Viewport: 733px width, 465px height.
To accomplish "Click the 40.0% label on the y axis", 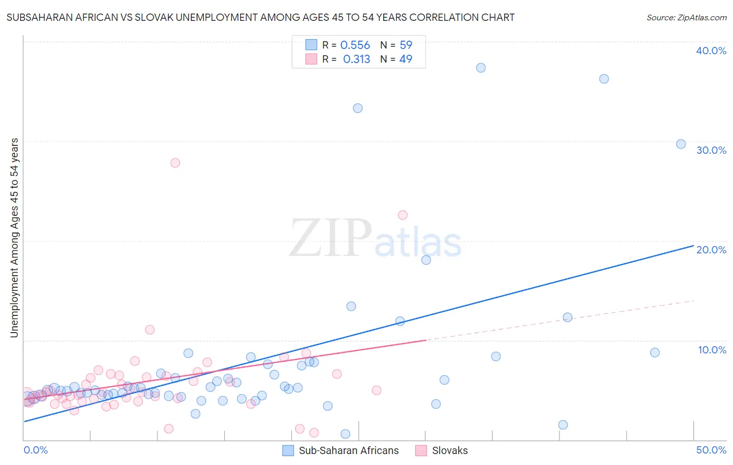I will (x=711, y=51).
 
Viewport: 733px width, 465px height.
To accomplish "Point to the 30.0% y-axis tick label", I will (x=711, y=150).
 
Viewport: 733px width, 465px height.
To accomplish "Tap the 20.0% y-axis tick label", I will (x=711, y=250).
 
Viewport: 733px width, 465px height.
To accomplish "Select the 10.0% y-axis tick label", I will (x=712, y=350).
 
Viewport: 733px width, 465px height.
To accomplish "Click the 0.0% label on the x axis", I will (x=35, y=450).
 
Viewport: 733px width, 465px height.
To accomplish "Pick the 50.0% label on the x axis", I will (x=711, y=450).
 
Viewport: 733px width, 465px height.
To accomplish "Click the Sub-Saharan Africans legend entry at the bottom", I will (x=348, y=450).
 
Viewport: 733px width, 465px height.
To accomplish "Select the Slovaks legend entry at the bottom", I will (x=449, y=450).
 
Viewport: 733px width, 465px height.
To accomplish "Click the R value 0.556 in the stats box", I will (x=355, y=45).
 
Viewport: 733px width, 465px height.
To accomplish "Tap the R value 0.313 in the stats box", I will (x=357, y=59).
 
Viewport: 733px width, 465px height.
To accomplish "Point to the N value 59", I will (x=406, y=45).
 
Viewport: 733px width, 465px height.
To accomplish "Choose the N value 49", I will (x=406, y=59).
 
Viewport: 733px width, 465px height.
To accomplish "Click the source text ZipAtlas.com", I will (x=686, y=18).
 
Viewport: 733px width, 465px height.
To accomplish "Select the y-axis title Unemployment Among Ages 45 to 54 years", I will (x=15, y=237).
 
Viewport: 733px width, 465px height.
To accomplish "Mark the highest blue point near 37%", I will (x=481, y=68).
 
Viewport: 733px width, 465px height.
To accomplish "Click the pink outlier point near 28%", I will (x=175, y=163).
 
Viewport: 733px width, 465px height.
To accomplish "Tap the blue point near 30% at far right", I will (x=681, y=144).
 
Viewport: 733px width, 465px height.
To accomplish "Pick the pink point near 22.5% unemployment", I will (x=402, y=215).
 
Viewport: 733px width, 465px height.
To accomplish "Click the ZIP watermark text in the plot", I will (x=331, y=238).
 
